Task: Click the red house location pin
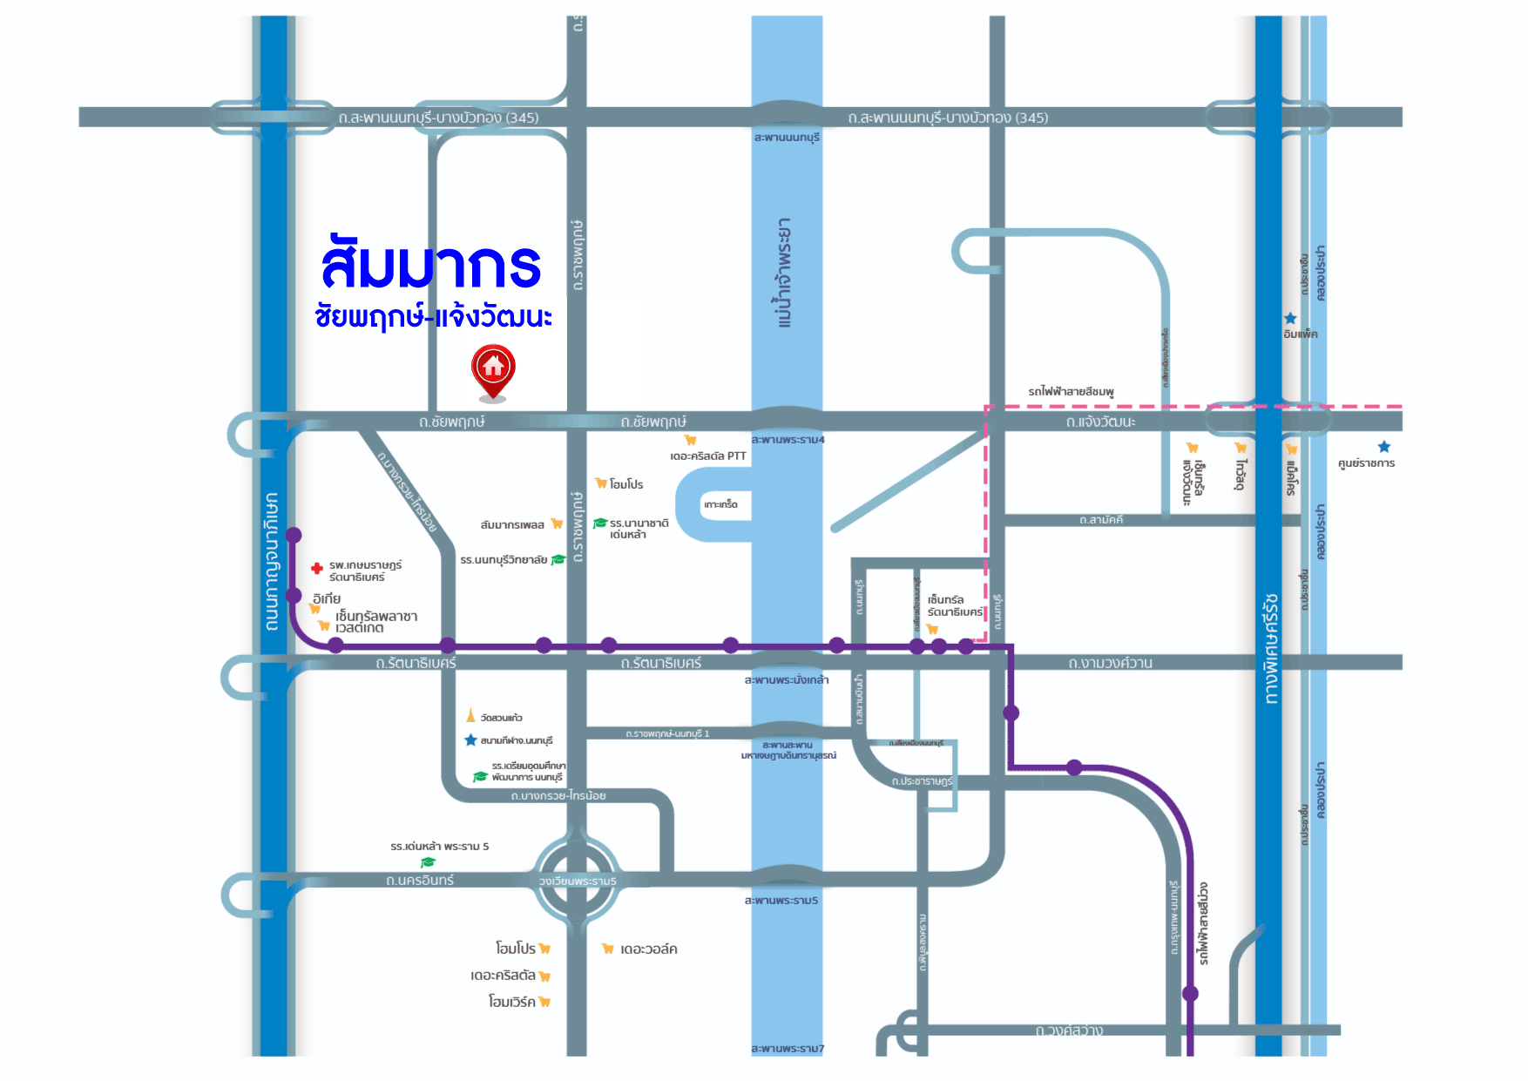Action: (x=493, y=369)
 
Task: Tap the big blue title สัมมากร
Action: (x=431, y=266)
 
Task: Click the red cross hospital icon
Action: (x=317, y=569)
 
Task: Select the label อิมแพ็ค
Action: (x=1300, y=334)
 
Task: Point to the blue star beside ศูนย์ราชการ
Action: (x=1384, y=447)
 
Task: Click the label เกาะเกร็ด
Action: (x=720, y=504)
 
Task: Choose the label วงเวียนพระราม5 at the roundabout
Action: (x=578, y=881)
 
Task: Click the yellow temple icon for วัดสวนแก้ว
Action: (x=470, y=716)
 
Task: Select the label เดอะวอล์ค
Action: (x=648, y=949)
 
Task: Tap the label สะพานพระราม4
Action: (x=788, y=440)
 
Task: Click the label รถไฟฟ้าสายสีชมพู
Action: (x=1071, y=392)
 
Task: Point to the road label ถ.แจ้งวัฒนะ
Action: (x=1100, y=422)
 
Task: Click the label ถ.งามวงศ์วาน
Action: (x=1110, y=663)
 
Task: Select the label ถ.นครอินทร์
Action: (x=420, y=881)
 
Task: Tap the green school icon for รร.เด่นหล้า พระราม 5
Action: (x=428, y=862)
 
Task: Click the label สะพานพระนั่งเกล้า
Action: (x=787, y=679)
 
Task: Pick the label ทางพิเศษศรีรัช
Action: (x=1271, y=649)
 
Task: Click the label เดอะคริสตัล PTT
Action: (x=707, y=456)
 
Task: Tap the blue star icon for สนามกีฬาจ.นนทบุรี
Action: (x=470, y=740)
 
